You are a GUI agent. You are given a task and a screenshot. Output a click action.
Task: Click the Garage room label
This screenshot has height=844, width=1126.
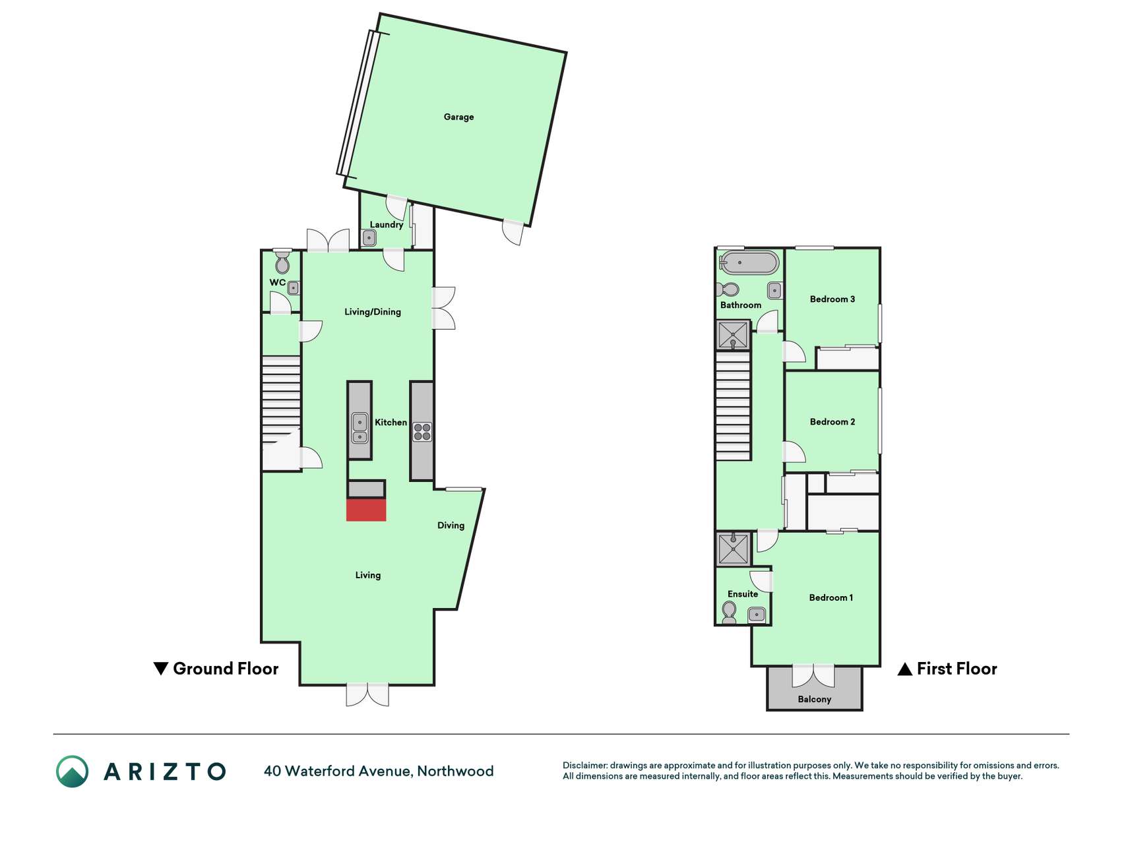click(458, 117)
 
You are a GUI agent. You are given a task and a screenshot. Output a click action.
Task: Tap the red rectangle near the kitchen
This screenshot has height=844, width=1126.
click(366, 510)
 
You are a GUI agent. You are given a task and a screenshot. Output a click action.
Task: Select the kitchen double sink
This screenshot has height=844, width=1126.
click(360, 427)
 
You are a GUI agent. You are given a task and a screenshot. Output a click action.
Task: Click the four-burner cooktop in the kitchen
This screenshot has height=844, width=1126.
click(422, 432)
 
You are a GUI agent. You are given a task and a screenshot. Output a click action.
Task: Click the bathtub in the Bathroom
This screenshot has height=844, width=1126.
click(749, 262)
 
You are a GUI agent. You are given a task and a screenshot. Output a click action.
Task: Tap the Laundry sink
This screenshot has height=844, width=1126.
click(369, 237)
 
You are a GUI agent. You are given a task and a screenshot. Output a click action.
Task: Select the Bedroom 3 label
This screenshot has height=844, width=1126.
click(832, 299)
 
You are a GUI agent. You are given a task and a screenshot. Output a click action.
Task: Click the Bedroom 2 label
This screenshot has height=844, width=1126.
click(832, 421)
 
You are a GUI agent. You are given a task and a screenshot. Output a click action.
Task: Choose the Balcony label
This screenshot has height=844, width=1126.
click(815, 699)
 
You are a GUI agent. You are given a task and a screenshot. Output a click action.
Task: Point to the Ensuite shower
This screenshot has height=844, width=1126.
click(734, 549)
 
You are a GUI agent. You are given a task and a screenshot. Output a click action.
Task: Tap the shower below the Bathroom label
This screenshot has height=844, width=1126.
click(734, 336)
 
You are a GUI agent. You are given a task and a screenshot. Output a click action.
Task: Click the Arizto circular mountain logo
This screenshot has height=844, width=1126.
click(72, 771)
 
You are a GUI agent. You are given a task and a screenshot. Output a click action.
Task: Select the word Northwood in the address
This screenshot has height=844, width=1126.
click(455, 771)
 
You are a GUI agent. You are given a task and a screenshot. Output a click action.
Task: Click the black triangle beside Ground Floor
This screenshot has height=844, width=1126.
click(160, 669)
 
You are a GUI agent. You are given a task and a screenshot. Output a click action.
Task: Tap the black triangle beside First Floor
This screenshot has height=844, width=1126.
click(905, 669)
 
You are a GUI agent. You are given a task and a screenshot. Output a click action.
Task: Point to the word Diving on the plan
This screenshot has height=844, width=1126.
click(451, 526)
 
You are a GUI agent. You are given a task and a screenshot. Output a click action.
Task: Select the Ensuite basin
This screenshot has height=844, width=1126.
click(757, 615)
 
